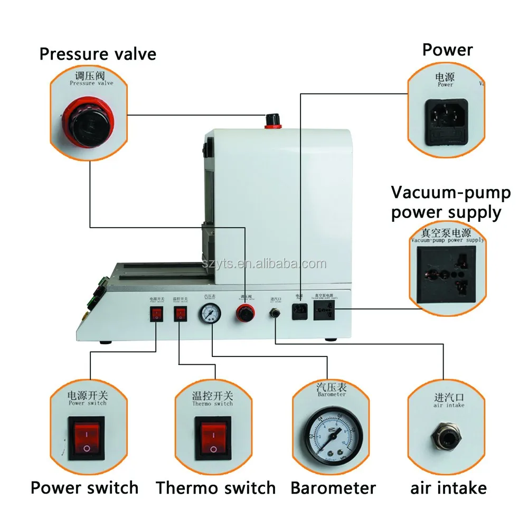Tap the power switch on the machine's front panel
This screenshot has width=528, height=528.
156,315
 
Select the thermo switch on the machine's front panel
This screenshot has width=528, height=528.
180,315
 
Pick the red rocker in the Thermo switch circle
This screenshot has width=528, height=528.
212,437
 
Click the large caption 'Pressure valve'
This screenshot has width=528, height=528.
98,53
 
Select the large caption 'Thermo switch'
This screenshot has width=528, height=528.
215,487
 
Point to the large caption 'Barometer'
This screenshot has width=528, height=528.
333,487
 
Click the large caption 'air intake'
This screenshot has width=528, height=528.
448,487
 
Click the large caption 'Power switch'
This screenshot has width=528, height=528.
84,487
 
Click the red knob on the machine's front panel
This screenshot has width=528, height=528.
245,315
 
